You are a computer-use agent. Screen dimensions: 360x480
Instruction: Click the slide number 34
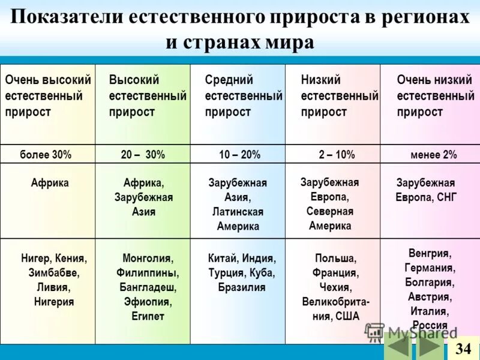pos(463,349)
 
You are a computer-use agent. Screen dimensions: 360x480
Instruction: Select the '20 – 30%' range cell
pos(143,154)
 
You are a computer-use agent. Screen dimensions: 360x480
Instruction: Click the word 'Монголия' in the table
pos(147,259)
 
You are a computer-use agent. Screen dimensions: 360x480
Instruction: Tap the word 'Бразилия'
pos(242,287)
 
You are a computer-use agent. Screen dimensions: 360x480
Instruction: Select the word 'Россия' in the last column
pos(430,325)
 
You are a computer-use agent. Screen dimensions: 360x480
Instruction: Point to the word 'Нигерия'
pos(54,302)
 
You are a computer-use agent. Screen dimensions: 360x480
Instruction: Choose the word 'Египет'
pos(148,316)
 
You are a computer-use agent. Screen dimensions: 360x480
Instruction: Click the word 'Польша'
pos(335,259)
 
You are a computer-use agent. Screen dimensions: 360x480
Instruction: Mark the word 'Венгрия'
pos(430,253)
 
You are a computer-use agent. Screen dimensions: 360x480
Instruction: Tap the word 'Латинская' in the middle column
pos(238,212)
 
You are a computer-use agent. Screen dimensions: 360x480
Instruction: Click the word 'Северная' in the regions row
pos(330,211)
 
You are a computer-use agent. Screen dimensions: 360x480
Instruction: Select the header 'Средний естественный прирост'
pos(243,96)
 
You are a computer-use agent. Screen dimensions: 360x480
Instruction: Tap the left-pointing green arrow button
pos(397,349)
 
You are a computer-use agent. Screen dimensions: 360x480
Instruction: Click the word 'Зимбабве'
pos(54,273)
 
